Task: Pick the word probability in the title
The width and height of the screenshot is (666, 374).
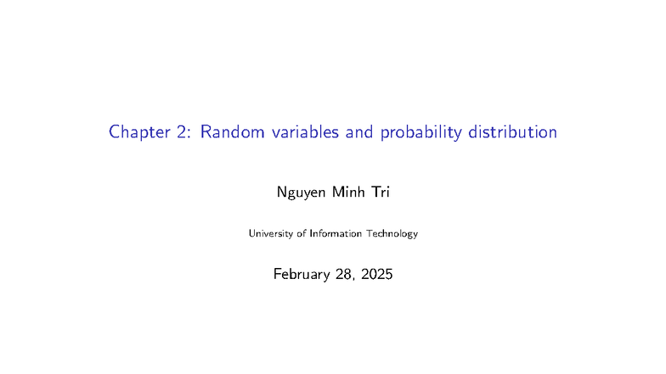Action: pos(422,134)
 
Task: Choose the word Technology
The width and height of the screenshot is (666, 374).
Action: pos(393,233)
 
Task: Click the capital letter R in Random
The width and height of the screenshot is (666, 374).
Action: pos(206,133)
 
